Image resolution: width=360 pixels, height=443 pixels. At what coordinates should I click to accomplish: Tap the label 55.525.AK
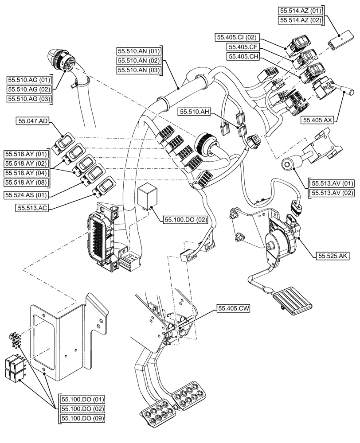pyautogui.click(x=334, y=256)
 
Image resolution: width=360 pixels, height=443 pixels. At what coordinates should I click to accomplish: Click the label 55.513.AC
pyautogui.click(x=30, y=207)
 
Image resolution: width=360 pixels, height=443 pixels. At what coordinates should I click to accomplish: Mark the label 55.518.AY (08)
pyautogui.click(x=26, y=182)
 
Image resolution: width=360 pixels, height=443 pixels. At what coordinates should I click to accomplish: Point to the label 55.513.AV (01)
pyautogui.click(x=330, y=183)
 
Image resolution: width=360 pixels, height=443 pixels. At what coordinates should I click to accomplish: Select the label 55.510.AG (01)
pyautogui.click(x=29, y=80)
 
